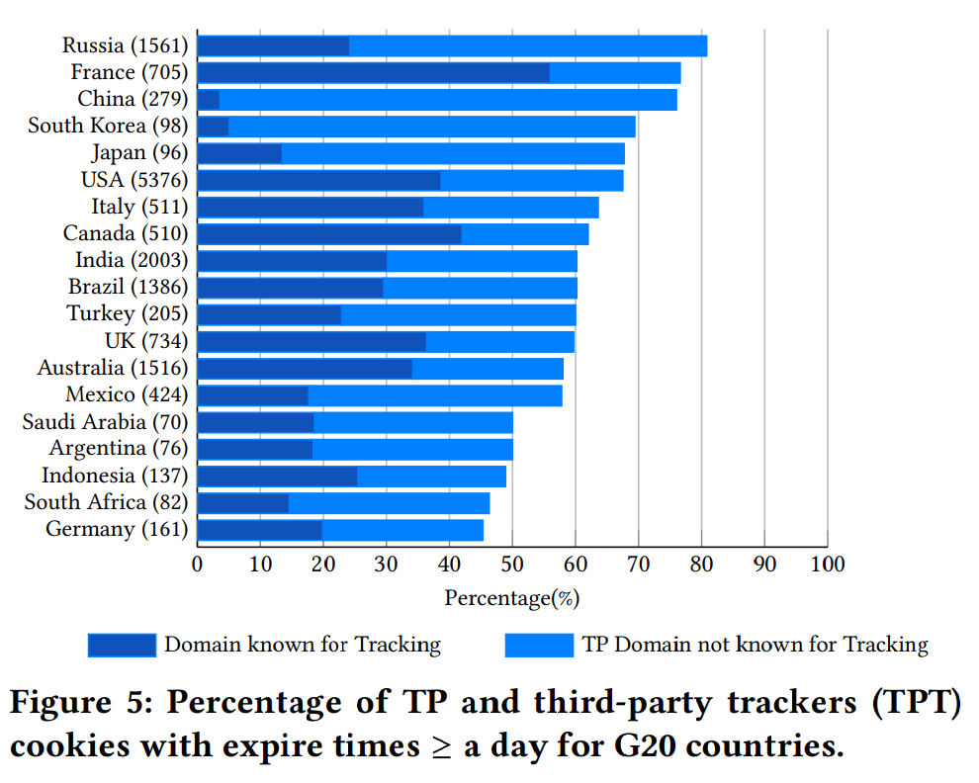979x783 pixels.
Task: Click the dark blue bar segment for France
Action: [373, 73]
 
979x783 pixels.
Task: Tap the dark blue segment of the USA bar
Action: [318, 180]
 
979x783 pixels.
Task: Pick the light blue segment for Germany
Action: [402, 530]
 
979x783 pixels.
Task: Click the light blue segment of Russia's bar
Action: [528, 45]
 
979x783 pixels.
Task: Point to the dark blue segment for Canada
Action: [329, 234]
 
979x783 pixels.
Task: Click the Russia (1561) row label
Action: [125, 45]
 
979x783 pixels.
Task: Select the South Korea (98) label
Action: [108, 127]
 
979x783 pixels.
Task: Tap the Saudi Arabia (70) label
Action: [105, 422]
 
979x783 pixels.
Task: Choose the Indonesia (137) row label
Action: [115, 476]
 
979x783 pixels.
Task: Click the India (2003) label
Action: [132, 260]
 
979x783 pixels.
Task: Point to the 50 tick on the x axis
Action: [512, 565]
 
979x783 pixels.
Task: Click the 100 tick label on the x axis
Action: [827, 565]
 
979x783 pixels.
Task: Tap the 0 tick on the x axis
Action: [198, 565]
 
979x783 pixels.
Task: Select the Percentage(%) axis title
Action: [511, 598]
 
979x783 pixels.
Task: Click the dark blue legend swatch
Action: [122, 646]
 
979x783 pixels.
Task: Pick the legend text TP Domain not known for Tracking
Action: [756, 646]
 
